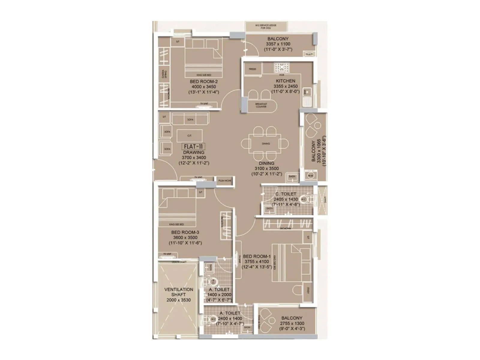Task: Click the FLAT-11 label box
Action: pos(193,147)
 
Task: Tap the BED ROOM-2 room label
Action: pos(204,82)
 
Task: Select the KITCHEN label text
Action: pos(286,81)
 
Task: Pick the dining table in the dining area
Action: pos(266,143)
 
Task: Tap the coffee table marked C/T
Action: pos(189,136)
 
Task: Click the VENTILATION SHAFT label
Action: pos(179,292)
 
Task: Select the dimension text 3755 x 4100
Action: pos(256,262)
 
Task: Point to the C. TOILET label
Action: pos(286,194)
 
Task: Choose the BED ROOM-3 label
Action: pos(185,232)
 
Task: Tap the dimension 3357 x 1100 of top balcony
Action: pos(278,44)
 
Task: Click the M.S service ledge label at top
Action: pos(266,26)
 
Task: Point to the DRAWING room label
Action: pos(194,152)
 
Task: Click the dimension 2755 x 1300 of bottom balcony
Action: pos(292,323)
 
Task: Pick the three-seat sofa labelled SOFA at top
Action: pos(190,119)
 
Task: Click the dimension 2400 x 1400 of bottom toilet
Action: pos(230,319)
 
